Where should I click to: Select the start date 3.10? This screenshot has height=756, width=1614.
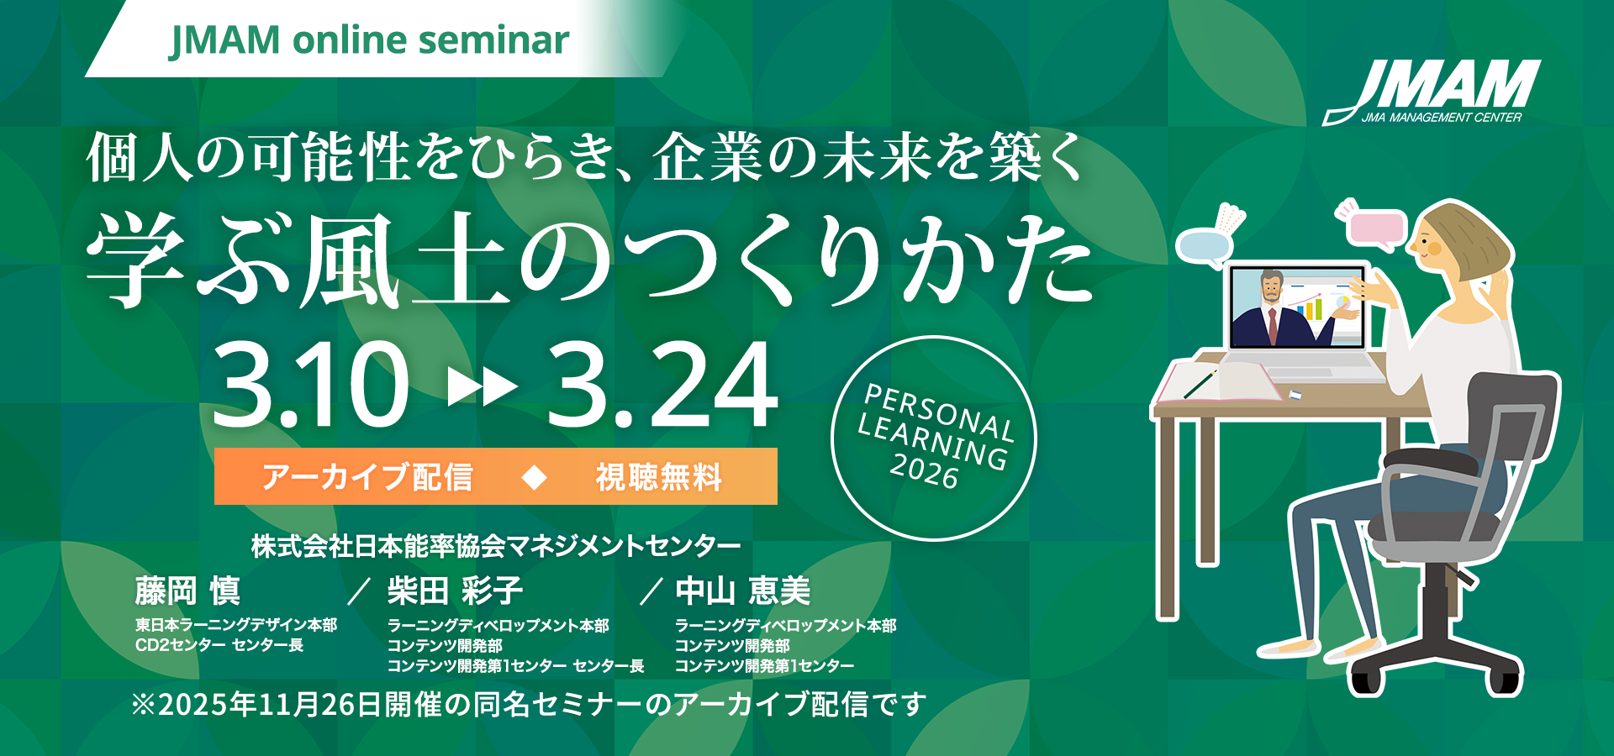tap(310, 385)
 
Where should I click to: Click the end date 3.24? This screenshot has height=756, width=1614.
tap(662, 385)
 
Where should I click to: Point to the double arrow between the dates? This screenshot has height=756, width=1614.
tap(483, 387)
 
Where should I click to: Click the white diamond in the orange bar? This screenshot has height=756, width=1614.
tap(535, 477)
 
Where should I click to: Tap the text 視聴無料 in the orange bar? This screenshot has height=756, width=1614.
tap(659, 477)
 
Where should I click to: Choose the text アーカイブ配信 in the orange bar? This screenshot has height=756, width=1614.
tap(367, 477)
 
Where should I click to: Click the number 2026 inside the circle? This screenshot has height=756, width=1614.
tap(925, 470)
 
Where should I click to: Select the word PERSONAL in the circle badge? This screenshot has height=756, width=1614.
tap(939, 412)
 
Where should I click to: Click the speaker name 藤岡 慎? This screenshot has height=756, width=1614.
tap(187, 591)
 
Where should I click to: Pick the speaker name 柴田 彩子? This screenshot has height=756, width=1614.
tap(455, 591)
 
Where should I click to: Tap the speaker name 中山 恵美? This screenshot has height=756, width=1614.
tap(743, 591)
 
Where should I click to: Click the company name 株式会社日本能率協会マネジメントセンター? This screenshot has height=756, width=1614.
tap(496, 547)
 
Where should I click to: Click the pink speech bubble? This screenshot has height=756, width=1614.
tap(1378, 228)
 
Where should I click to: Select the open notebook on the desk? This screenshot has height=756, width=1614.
tap(1219, 382)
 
